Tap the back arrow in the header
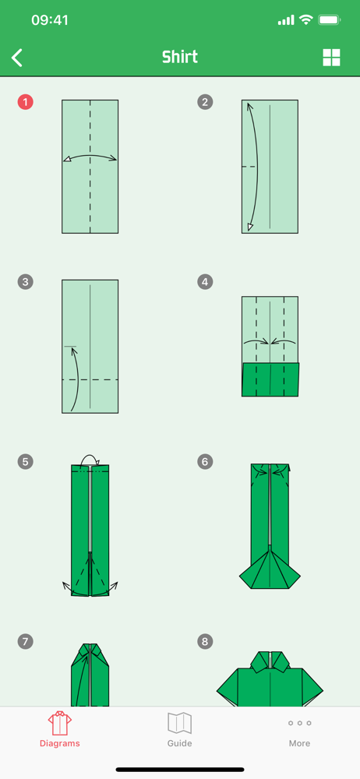(17, 58)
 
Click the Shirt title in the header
(179, 57)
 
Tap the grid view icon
(332, 58)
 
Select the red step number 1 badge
(26, 102)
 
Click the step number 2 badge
(205, 102)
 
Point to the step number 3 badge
(26, 282)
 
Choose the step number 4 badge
(205, 282)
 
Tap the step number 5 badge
(26, 461)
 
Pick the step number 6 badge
(205, 461)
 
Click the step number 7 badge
(26, 641)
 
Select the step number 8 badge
(205, 641)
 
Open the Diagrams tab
(60, 729)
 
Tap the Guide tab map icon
(179, 724)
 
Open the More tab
(299, 732)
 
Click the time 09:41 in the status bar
(50, 20)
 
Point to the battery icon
(329, 20)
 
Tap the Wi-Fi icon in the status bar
(305, 20)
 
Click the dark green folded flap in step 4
(270, 379)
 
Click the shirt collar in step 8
(270, 661)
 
